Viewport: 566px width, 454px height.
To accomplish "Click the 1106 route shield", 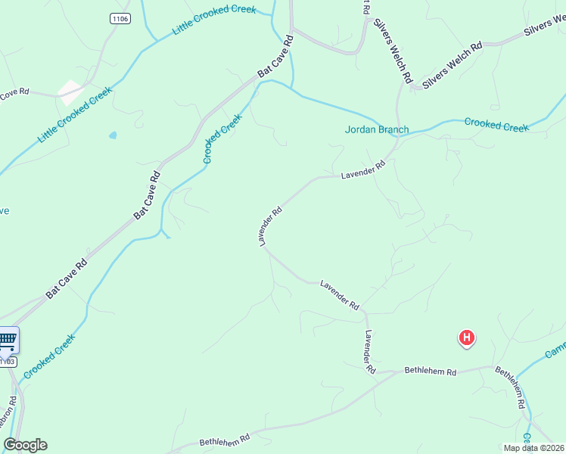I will coord(119,18).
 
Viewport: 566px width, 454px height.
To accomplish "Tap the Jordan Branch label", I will coord(377,129).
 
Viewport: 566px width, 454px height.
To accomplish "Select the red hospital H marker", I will coord(468,337).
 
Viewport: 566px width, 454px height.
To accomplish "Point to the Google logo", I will coord(25,445).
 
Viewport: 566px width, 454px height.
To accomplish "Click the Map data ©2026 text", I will coord(533,448).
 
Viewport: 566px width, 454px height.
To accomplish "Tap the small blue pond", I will coord(113,135).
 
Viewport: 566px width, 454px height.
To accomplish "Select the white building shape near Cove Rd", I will coord(70,92).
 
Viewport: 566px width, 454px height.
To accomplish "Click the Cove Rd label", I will coord(14,93).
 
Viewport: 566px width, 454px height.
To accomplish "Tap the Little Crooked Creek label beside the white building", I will coord(75,115).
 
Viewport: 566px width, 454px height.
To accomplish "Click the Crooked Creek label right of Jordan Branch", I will coord(496,124).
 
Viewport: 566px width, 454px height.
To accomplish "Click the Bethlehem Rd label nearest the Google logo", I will coord(225,440).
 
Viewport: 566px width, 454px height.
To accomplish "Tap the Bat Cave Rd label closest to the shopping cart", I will coord(67,277).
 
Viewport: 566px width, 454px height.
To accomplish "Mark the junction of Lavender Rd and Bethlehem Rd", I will coord(377,372).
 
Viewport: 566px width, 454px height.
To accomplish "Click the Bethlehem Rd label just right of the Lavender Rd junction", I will coord(431,372).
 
